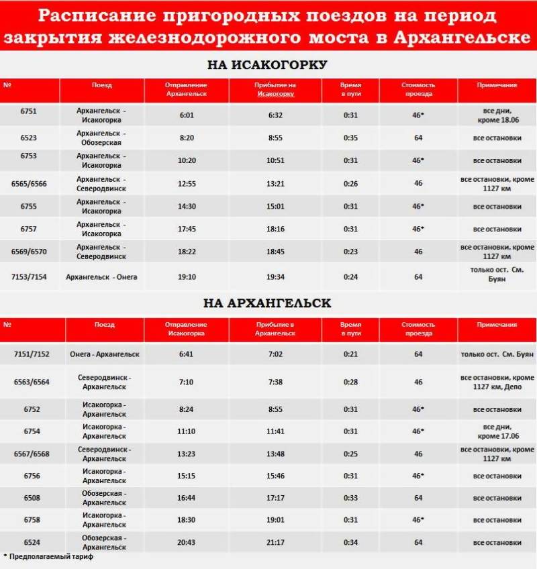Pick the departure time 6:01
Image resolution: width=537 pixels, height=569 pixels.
click(187, 115)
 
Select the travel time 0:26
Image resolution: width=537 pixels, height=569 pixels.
click(350, 183)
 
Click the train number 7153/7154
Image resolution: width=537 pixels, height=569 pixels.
click(29, 276)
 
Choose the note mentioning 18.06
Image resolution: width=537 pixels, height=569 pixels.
click(497, 115)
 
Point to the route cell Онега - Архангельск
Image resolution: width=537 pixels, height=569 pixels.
click(104, 354)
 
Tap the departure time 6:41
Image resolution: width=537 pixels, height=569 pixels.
click(187, 354)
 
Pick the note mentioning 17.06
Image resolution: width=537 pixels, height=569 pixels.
click(497, 431)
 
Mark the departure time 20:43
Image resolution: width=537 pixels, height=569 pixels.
click(187, 542)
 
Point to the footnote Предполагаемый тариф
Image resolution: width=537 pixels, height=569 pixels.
click(51, 557)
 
